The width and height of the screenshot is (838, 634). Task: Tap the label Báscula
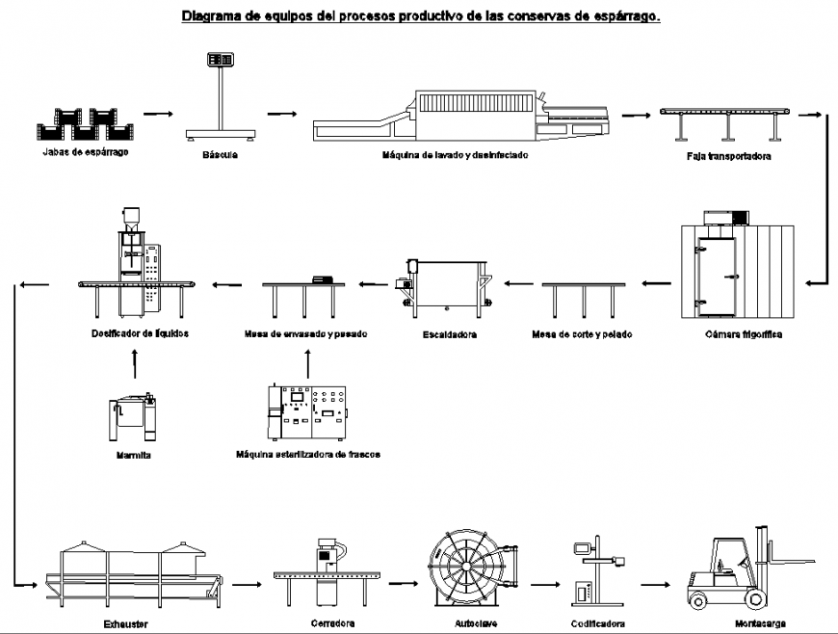click(221, 154)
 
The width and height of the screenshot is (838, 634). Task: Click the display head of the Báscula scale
click(221, 61)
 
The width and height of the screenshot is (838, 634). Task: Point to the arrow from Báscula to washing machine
click(281, 114)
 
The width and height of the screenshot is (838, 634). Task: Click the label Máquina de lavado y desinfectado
click(455, 154)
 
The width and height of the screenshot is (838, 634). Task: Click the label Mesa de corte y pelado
click(574, 334)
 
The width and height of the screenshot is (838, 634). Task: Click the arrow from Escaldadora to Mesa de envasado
click(374, 284)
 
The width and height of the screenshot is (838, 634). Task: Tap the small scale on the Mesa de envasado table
click(321, 278)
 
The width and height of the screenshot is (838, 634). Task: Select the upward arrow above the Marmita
click(134, 363)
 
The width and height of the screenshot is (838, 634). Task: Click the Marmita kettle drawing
click(133, 417)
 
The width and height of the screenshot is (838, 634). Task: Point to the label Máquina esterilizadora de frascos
click(307, 454)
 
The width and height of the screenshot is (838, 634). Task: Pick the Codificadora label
click(597, 623)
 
